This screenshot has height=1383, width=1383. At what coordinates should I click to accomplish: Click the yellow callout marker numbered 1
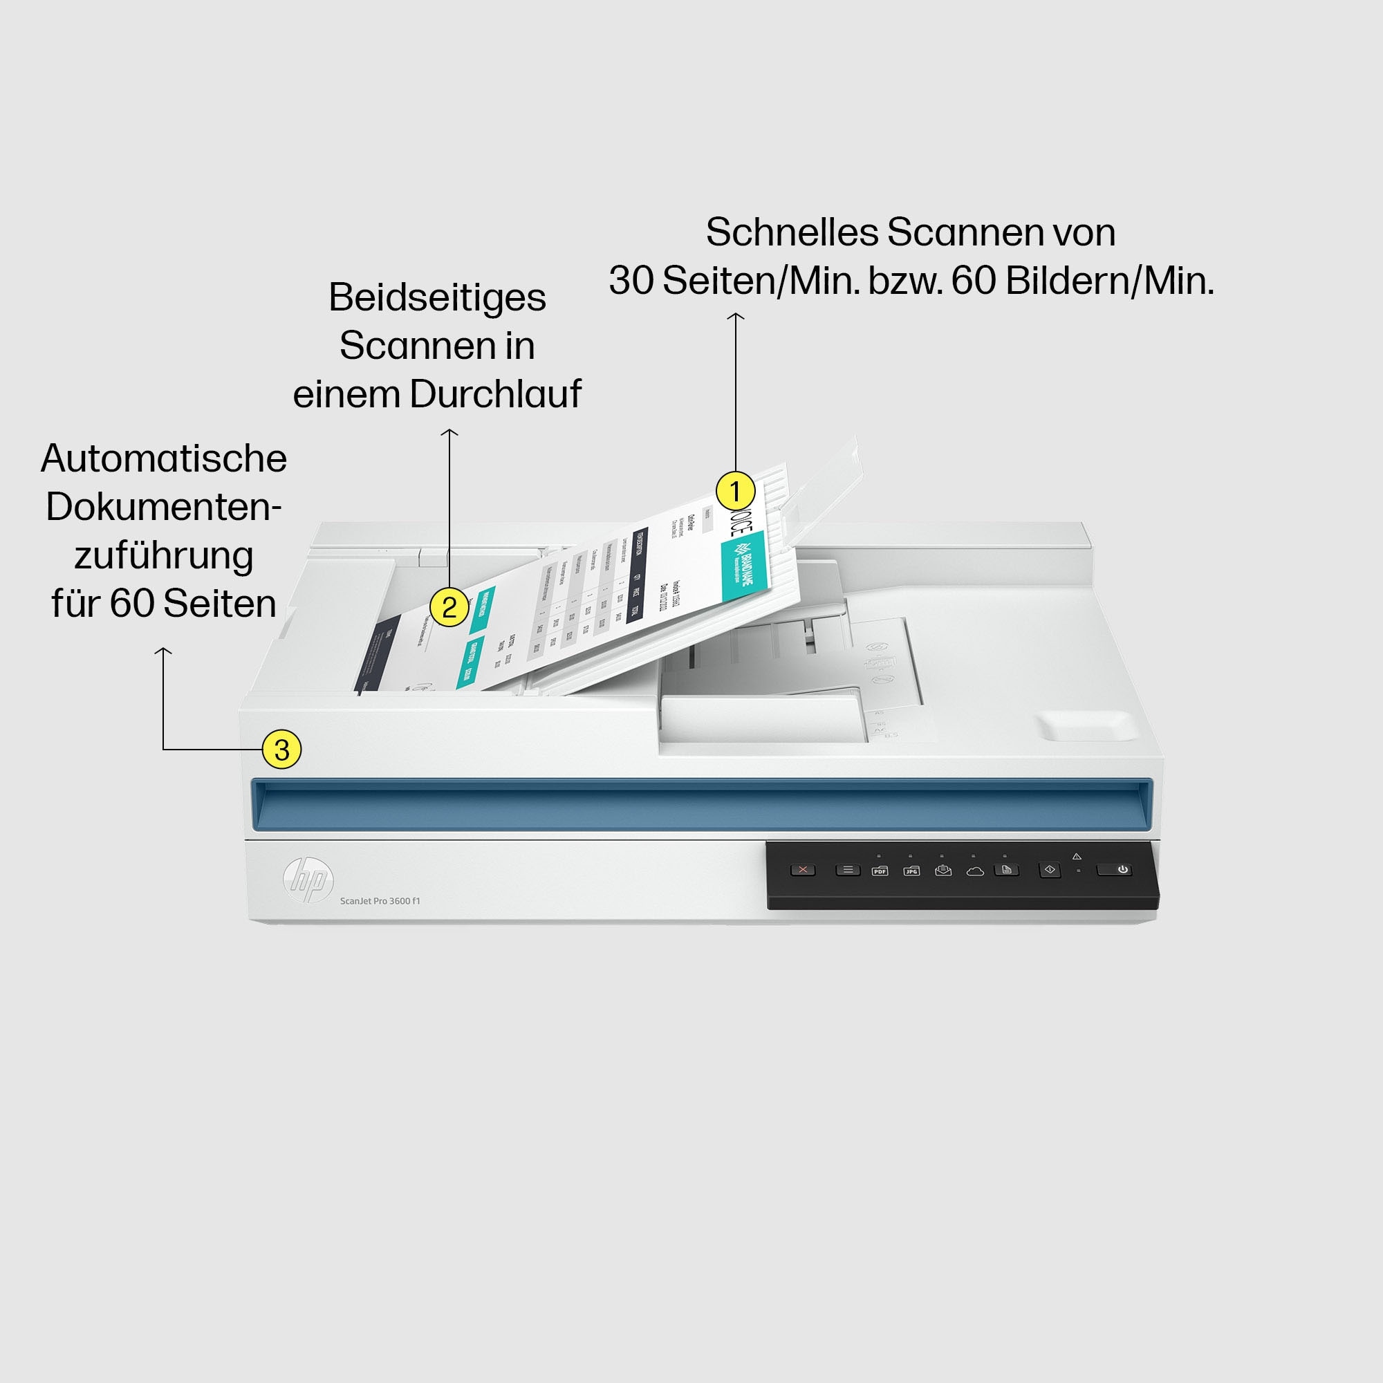click(x=735, y=492)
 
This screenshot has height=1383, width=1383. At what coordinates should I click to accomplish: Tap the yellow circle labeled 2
click(x=449, y=607)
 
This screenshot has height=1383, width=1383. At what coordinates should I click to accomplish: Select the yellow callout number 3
click(x=281, y=750)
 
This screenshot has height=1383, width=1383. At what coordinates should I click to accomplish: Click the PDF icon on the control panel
click(x=879, y=871)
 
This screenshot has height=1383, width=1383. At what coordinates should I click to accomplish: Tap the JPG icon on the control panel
click(x=911, y=871)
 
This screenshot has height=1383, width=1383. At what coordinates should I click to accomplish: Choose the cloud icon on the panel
click(x=974, y=871)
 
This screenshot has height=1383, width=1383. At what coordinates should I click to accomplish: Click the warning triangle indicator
click(x=1077, y=856)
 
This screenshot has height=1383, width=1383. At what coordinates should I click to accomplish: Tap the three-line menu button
click(x=848, y=871)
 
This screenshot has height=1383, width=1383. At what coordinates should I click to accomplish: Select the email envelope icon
click(x=943, y=871)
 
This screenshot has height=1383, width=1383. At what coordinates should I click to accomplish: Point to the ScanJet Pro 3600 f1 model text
click(x=380, y=900)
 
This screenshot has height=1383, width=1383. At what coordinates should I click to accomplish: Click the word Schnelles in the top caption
click(x=791, y=232)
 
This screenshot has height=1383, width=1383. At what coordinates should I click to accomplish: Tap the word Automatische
click(x=164, y=459)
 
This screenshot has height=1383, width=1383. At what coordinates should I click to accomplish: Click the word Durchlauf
click(x=495, y=394)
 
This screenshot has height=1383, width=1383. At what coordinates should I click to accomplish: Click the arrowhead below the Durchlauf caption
click(x=449, y=432)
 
